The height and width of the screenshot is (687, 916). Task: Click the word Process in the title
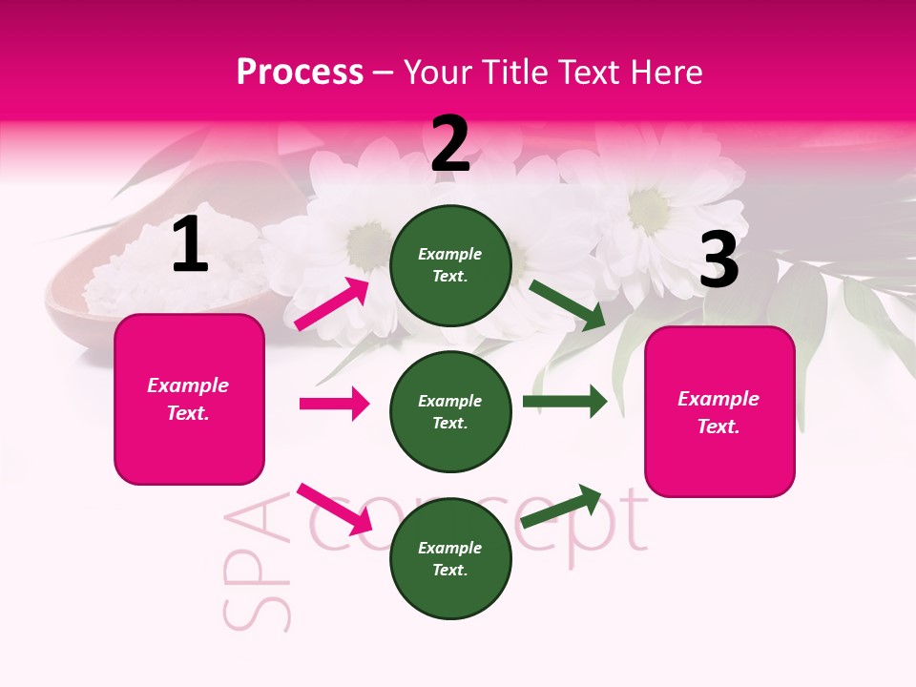click(x=300, y=73)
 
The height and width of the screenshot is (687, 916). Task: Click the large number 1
click(x=190, y=244)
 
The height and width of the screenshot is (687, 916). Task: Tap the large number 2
click(x=450, y=144)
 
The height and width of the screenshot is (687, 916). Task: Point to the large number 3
click(x=718, y=260)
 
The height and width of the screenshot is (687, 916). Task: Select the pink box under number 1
click(x=189, y=399)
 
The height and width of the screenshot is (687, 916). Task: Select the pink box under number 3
click(x=719, y=411)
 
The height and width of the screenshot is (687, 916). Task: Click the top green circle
click(x=450, y=265)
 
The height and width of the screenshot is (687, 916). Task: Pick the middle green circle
click(x=450, y=411)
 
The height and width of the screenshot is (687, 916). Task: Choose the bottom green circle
click(x=450, y=558)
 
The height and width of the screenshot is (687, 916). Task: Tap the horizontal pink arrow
click(x=334, y=404)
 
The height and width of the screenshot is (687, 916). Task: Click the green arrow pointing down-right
click(x=567, y=304)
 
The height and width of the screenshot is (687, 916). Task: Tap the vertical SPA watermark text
click(x=255, y=563)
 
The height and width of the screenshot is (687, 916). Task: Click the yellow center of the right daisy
click(x=649, y=202)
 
